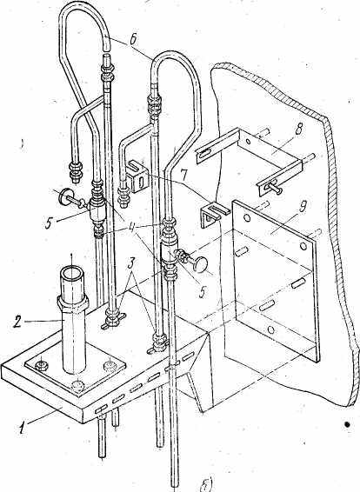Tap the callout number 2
[18, 322]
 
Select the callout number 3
[132, 269]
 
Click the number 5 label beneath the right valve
[203, 291]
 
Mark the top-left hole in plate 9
[246, 217]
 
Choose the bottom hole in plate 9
[271, 329]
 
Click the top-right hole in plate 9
[303, 246]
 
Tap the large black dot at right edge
[347, 424]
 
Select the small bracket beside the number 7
[138, 176]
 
